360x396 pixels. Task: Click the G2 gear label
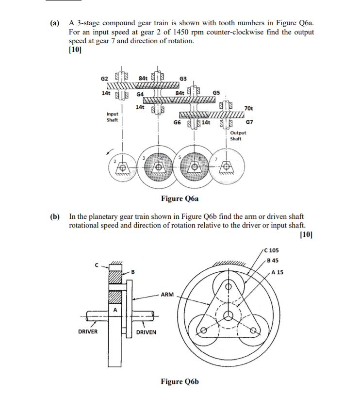click(x=104, y=78)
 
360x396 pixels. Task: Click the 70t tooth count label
click(x=248, y=108)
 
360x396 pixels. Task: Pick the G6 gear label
click(x=178, y=123)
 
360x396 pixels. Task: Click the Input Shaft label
click(x=112, y=117)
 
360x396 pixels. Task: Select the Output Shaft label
click(x=238, y=135)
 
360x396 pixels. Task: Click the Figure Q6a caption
click(x=180, y=198)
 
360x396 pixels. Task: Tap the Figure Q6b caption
click(x=180, y=381)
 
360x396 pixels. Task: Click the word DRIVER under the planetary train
click(x=88, y=332)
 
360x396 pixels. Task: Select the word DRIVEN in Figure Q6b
click(x=146, y=332)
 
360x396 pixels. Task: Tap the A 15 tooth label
click(x=278, y=272)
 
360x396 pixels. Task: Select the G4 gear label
click(x=140, y=93)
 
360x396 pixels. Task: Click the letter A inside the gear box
click(x=115, y=309)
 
